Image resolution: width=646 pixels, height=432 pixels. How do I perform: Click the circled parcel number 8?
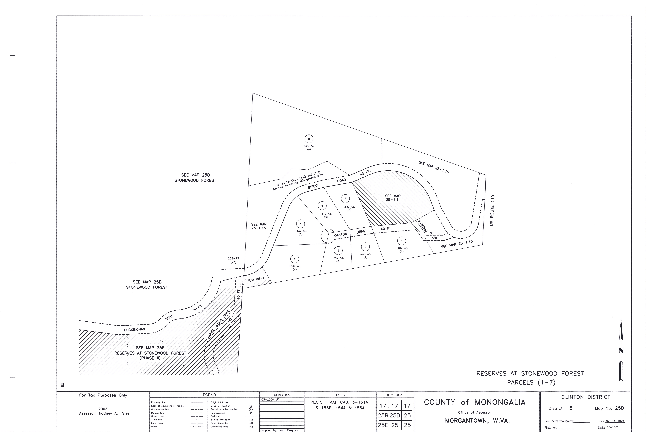(x=309, y=139)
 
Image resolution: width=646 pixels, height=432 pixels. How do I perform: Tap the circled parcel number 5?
(x=301, y=224)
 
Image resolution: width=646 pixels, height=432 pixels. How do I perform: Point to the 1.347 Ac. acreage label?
(x=294, y=266)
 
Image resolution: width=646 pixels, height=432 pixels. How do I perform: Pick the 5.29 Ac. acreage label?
(x=309, y=146)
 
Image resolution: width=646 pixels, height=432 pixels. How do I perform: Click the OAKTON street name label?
(x=341, y=235)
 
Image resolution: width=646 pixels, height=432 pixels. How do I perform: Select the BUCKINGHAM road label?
(x=135, y=330)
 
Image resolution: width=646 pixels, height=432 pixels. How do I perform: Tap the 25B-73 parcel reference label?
(x=233, y=258)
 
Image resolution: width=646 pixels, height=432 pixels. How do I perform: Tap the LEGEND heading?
(x=208, y=395)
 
